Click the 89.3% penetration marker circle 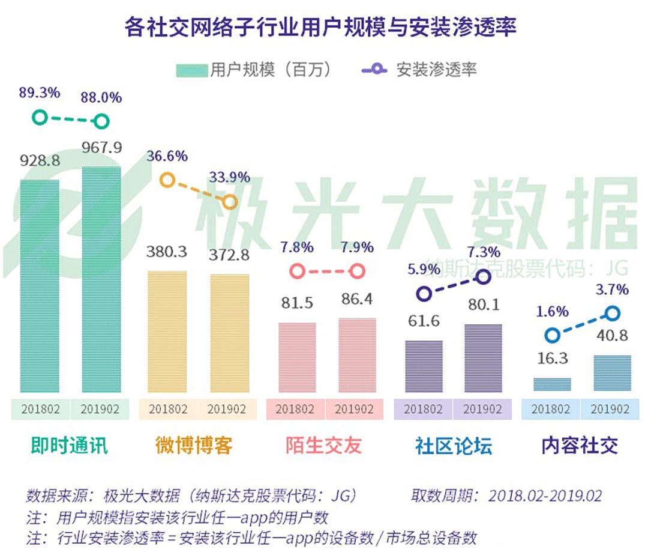tap(40, 117)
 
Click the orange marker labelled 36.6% tap(167, 180)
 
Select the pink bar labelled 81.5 tap(297, 359)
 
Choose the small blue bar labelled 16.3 tap(552, 385)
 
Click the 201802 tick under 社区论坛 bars tap(423, 409)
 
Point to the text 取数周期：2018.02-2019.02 tap(506, 496)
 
